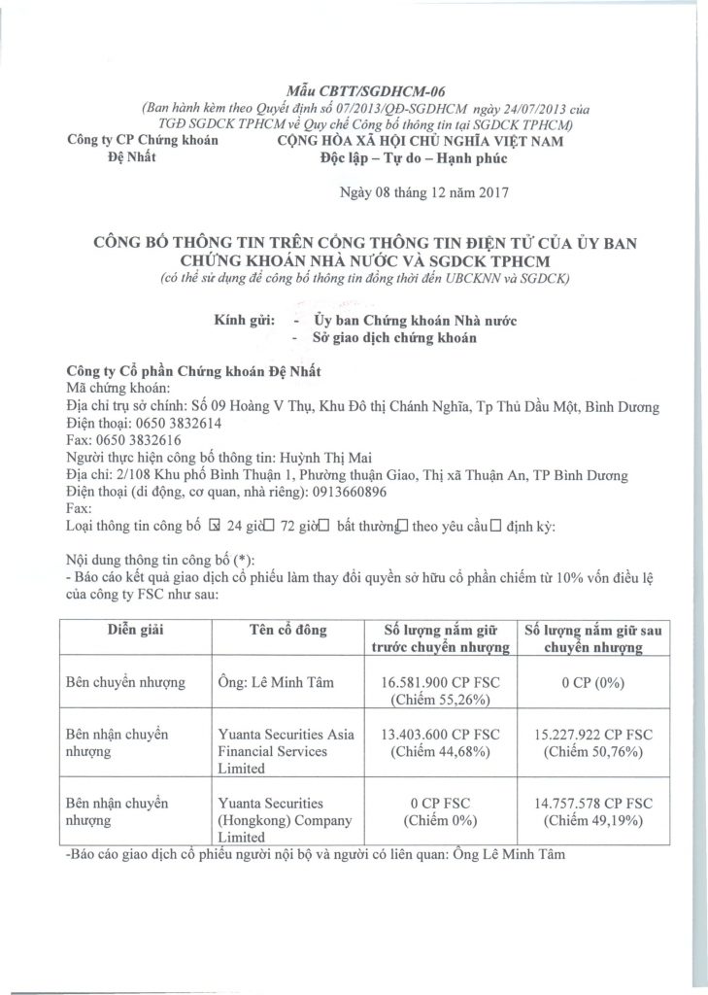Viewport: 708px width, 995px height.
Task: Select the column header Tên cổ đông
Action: [x=283, y=630]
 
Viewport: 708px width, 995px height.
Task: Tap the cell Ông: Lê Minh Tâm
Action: [x=276, y=682]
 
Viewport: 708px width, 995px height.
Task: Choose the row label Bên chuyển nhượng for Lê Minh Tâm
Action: [x=124, y=682]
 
